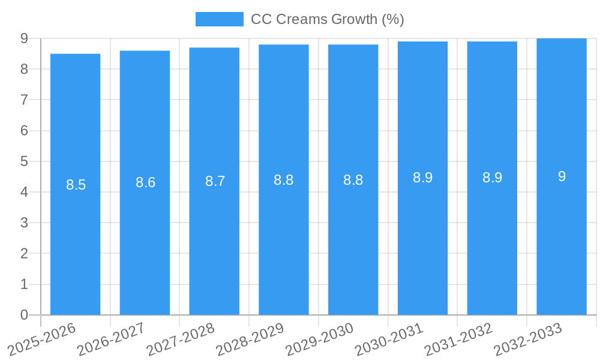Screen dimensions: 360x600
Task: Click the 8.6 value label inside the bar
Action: click(145, 182)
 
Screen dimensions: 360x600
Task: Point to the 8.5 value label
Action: click(76, 185)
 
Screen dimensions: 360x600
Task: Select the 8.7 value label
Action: click(215, 181)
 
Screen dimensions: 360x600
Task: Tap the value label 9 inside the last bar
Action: click(562, 176)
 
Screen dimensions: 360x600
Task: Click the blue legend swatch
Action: click(219, 19)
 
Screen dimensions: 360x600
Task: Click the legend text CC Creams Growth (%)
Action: click(327, 19)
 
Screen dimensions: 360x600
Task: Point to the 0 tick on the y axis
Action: click(24, 315)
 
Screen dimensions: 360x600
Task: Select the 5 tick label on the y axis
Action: click(24, 161)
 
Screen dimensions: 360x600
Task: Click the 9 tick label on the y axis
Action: click(24, 38)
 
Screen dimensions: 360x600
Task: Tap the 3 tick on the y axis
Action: click(24, 223)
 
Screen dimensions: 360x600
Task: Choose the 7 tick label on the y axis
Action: click(24, 100)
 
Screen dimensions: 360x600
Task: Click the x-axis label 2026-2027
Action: click(111, 340)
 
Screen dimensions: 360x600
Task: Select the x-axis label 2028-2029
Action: click(250, 340)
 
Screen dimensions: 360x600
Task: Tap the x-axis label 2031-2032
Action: click(458, 340)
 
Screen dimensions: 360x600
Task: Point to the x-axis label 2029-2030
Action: click(319, 340)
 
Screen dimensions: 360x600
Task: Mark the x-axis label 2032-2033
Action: click(528, 340)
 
